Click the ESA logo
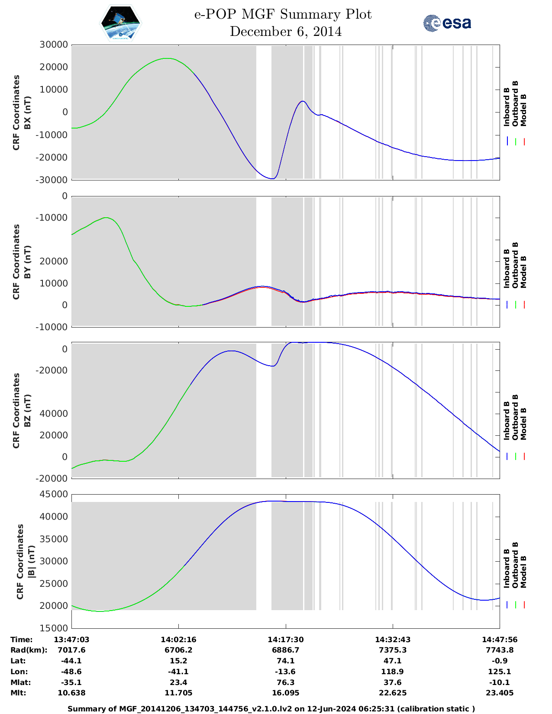click(x=447, y=23)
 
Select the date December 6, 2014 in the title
click(x=285, y=32)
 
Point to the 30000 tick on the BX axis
click(x=54, y=45)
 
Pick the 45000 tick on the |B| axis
click(x=54, y=494)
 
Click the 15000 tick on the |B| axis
click(x=54, y=628)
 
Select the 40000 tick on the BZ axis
click(x=54, y=414)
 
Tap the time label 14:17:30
click(x=285, y=640)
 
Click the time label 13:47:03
click(x=71, y=640)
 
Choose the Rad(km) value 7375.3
click(x=393, y=650)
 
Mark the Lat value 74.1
click(x=285, y=661)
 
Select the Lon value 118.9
click(x=393, y=672)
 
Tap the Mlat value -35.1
click(x=71, y=682)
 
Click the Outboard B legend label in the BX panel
click(x=515, y=104)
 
